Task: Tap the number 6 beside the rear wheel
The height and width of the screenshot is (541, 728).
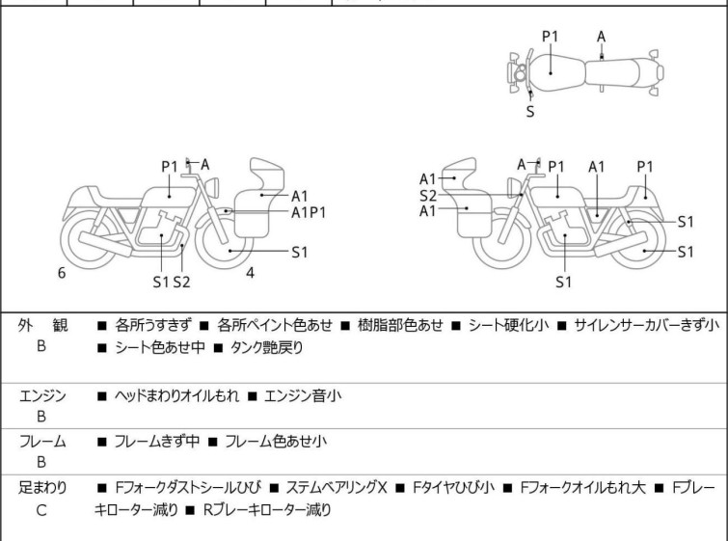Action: click(62, 273)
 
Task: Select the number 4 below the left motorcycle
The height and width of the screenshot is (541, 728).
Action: click(250, 273)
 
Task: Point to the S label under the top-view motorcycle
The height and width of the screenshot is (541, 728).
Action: click(530, 111)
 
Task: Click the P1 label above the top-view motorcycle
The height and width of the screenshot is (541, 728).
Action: click(550, 37)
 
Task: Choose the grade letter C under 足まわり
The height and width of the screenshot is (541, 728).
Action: click(41, 510)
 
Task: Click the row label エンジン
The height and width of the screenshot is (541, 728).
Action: click(42, 395)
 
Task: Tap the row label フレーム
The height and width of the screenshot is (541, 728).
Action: click(42, 442)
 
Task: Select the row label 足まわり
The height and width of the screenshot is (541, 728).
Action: click(42, 488)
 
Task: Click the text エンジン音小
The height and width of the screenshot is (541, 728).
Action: click(308, 395)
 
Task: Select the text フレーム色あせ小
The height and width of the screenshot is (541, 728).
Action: click(275, 442)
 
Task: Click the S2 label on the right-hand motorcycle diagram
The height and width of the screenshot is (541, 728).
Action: click(428, 195)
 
